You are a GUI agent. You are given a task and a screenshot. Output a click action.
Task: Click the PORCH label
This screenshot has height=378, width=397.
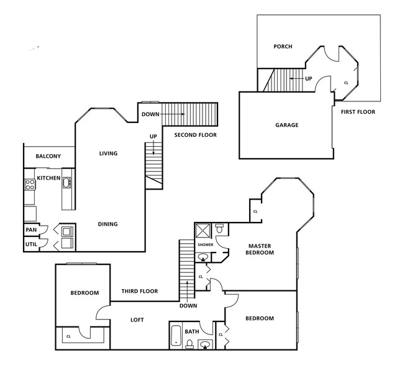click(x=283, y=47)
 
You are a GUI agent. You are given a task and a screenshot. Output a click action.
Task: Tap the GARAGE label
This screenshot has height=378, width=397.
click(x=286, y=125)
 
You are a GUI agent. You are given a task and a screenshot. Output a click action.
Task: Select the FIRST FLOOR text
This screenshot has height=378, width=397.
click(x=358, y=112)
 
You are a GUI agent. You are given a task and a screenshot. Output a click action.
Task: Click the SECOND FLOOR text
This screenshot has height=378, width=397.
click(x=195, y=135)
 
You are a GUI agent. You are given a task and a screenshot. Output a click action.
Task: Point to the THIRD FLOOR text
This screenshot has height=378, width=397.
click(x=139, y=291)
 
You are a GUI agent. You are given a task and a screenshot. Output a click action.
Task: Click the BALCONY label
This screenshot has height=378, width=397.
click(x=48, y=156)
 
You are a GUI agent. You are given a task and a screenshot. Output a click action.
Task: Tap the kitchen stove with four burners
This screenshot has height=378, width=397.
click(x=29, y=184)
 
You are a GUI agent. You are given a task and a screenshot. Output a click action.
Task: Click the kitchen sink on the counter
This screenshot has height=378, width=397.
click(x=66, y=182)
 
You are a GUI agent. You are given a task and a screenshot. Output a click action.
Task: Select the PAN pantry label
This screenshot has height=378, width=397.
click(x=30, y=230)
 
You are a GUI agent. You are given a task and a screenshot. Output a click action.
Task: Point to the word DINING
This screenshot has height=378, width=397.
click(x=107, y=224)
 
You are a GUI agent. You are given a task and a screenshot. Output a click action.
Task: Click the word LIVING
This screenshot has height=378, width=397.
click(x=108, y=154)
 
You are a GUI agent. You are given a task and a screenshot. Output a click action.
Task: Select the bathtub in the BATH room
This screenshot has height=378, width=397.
click(x=176, y=336)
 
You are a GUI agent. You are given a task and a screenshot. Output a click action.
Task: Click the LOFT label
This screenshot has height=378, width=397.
click(x=137, y=320)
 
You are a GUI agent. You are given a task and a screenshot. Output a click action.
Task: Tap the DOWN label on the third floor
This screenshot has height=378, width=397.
click(x=188, y=305)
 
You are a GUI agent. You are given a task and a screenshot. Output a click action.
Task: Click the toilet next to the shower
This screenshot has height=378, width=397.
click(x=220, y=230)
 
